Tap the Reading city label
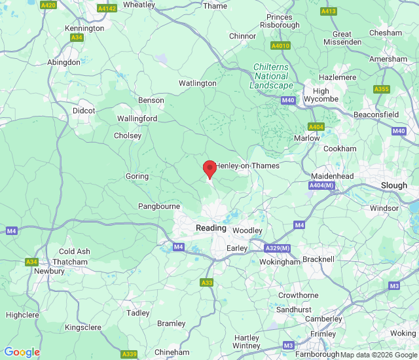211,228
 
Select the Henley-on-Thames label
247,166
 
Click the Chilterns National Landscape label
272,76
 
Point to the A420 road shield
48,5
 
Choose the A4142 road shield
106,9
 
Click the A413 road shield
328,11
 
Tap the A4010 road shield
280,46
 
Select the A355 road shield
381,89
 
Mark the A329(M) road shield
278,249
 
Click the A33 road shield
206,283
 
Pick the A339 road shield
130,354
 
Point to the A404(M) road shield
321,186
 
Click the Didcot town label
84,111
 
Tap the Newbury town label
49,271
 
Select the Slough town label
393,186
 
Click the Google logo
22,352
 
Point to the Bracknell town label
318,259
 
